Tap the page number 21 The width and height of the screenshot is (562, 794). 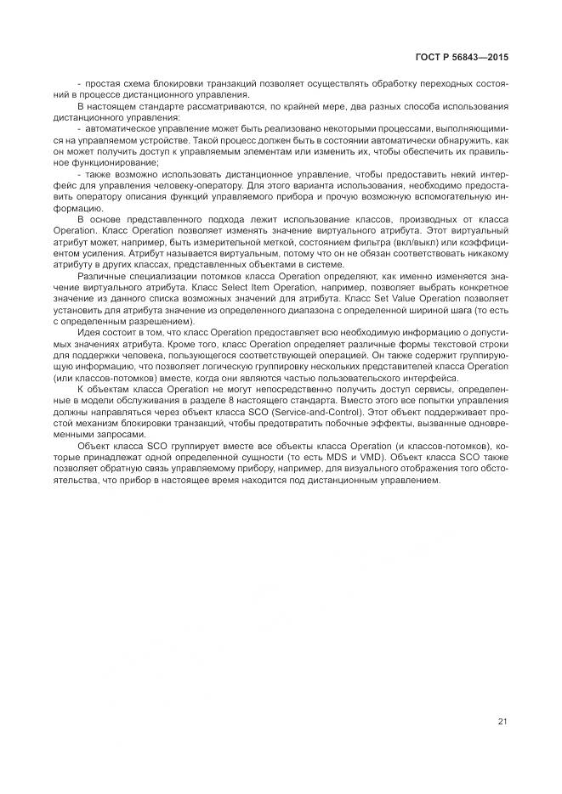click(502, 722)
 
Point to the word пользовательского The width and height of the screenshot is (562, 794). click(363, 377)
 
